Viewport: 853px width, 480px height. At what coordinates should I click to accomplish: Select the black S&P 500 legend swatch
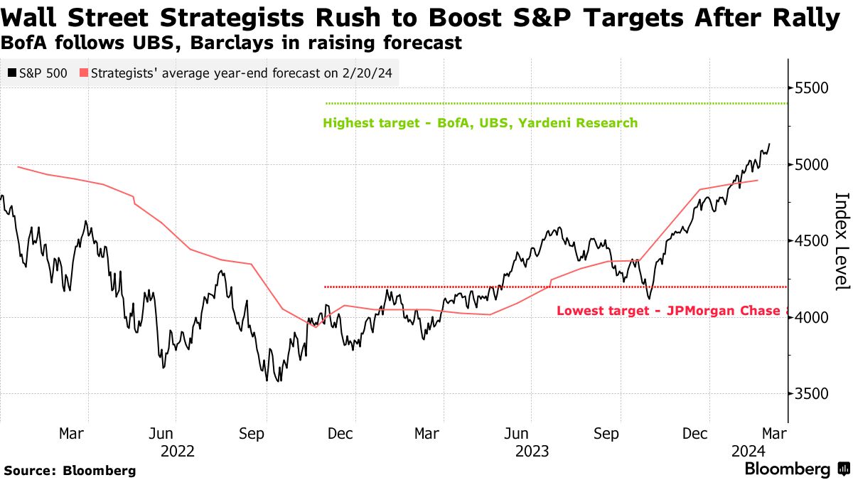tap(11, 73)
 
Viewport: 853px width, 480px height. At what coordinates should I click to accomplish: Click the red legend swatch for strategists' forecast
tap(84, 73)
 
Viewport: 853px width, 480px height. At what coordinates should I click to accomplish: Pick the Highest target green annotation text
tap(480, 123)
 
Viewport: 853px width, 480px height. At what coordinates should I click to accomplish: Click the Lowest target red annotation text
tap(672, 311)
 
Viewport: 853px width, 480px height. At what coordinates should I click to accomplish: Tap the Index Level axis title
tap(842, 241)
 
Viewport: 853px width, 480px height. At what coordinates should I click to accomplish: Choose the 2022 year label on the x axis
tap(178, 451)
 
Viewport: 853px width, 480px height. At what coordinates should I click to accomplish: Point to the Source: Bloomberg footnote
tap(70, 470)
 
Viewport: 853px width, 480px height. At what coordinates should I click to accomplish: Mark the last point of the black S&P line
tap(770, 144)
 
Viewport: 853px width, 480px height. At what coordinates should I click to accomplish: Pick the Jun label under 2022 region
tap(161, 433)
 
